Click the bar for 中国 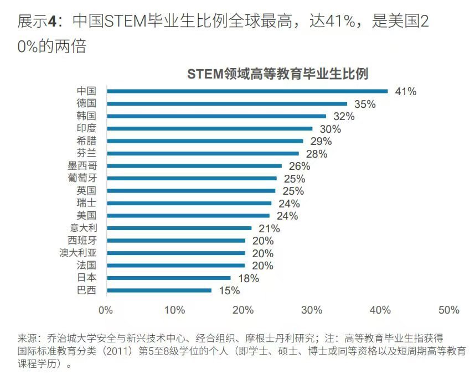(x=247, y=91)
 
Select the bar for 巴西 (x=159, y=290)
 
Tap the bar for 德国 (x=226, y=104)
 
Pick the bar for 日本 (x=168, y=278)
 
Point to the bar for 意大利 (x=179, y=228)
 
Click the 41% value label (x=405, y=92)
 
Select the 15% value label (x=229, y=291)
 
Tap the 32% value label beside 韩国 (x=344, y=117)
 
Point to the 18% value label (x=248, y=278)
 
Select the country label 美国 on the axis (x=86, y=215)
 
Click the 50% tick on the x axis (x=448, y=310)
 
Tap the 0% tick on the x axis (x=106, y=310)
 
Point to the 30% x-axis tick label (x=312, y=310)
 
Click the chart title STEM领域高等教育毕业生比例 (x=277, y=74)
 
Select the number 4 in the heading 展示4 (x=52, y=22)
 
